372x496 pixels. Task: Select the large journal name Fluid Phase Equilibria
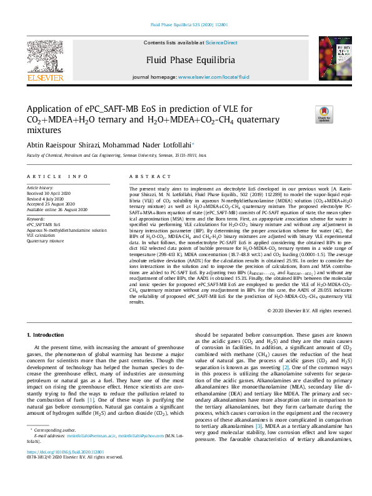(191, 60)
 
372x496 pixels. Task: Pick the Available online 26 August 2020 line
(57, 209)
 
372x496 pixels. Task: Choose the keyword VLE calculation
(44, 235)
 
